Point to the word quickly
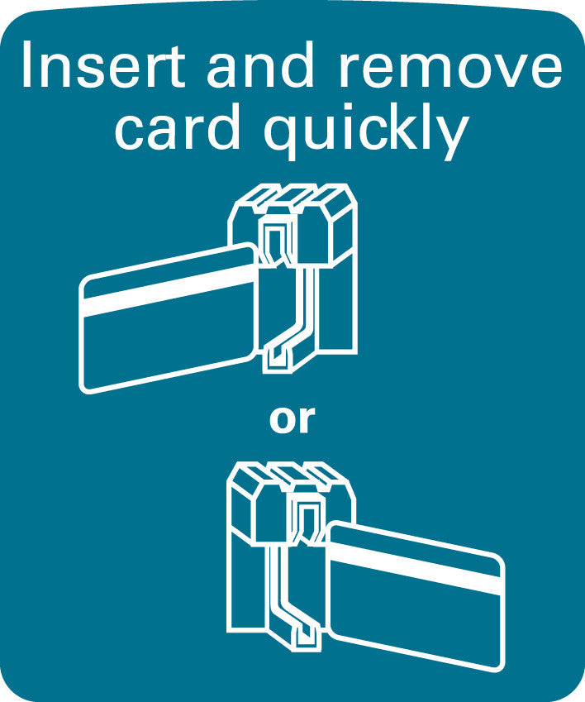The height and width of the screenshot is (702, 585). pos(365,131)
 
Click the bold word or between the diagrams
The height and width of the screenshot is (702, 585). pos(292,420)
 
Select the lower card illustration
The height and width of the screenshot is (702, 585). pos(415,596)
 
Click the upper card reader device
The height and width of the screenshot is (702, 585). pos(295,278)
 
